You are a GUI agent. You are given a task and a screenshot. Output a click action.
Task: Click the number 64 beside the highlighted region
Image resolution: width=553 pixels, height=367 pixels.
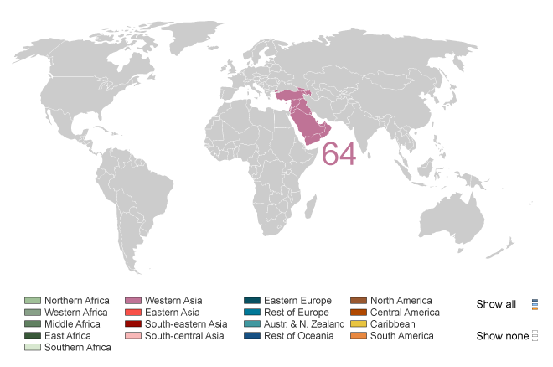(339, 154)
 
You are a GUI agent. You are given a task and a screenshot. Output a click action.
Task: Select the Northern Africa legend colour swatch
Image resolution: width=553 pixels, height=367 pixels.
(33, 301)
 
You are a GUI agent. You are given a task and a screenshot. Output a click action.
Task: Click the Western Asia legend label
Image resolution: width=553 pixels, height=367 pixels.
(173, 301)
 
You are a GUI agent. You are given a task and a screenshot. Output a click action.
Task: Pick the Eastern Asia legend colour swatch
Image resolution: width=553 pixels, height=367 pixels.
(132, 313)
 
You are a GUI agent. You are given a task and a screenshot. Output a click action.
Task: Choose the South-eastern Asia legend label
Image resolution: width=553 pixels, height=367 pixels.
(185, 324)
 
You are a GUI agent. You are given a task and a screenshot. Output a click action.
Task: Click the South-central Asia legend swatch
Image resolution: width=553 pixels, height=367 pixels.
(132, 336)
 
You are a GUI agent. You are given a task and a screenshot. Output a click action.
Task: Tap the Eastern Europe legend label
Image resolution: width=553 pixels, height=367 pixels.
(297, 301)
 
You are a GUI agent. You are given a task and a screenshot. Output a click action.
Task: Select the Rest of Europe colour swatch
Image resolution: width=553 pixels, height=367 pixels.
(251, 313)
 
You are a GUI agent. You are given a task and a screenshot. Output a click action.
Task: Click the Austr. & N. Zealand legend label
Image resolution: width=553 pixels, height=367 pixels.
(304, 324)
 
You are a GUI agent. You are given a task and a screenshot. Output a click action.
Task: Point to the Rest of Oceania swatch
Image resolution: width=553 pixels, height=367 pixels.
(251, 336)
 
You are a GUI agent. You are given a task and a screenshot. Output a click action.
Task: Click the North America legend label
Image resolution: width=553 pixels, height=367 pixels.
(401, 301)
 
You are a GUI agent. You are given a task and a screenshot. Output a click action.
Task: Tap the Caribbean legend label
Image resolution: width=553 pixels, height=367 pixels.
(392, 324)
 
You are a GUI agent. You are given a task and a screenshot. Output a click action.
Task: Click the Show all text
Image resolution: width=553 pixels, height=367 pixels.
(496, 304)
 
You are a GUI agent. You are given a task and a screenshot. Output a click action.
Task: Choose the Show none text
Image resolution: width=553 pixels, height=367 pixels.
(501, 336)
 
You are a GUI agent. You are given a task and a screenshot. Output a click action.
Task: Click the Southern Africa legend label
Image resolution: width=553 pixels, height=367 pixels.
(78, 348)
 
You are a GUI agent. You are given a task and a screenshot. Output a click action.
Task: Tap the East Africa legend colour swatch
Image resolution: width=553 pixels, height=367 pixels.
(33, 336)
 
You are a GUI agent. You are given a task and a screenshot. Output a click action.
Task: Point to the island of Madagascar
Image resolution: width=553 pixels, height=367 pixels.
(326, 213)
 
